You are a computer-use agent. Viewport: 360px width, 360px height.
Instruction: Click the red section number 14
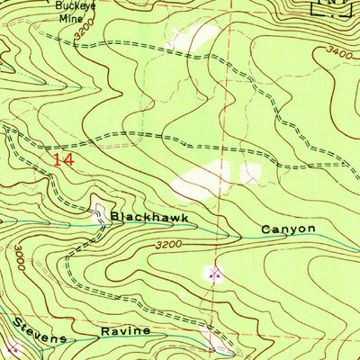(x=62, y=160)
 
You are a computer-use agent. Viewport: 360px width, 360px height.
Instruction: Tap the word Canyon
(x=288, y=229)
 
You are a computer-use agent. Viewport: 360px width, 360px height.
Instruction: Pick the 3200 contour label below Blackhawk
(x=168, y=244)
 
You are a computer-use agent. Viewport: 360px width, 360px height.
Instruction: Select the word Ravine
(x=125, y=331)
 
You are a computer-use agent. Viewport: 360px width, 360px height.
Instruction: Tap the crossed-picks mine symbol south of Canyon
(x=214, y=271)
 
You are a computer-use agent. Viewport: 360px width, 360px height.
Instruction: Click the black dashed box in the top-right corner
(x=331, y=7)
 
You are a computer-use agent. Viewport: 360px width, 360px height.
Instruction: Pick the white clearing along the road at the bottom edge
(x=217, y=349)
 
